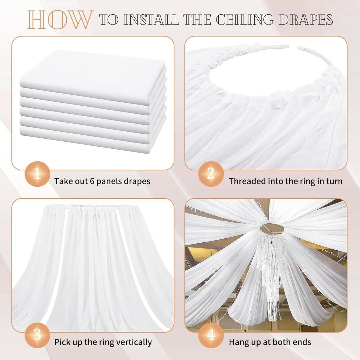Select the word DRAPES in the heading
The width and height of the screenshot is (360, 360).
306,20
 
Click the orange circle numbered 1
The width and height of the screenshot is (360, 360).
37,174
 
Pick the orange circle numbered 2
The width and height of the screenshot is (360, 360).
211,174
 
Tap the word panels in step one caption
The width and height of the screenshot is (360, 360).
111,181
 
